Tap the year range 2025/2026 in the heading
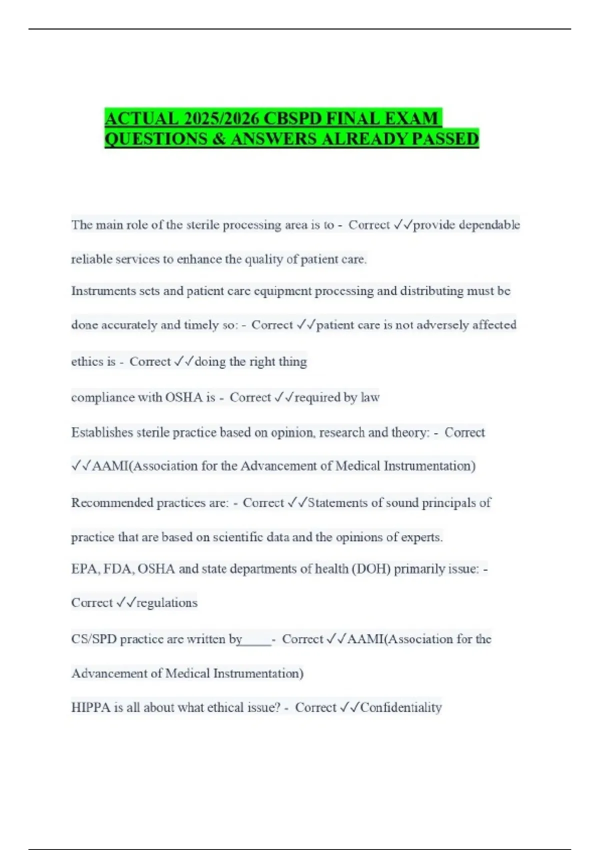221,118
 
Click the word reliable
91,259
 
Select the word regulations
167,603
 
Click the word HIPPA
90,707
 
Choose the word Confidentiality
401,707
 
